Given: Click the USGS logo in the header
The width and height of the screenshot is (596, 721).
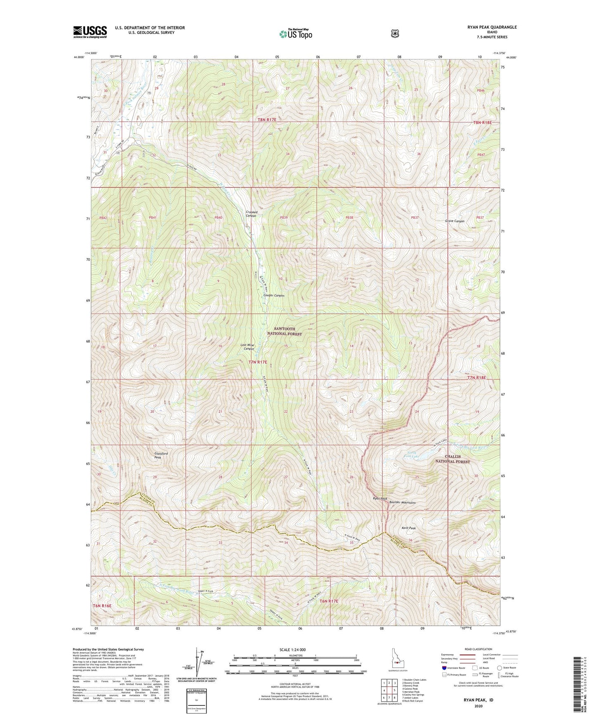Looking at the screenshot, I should pos(90,31).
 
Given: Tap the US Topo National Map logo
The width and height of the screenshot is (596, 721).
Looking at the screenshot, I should pos(295,33).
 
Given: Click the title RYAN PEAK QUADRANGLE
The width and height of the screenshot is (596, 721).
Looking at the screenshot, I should pos(492,27).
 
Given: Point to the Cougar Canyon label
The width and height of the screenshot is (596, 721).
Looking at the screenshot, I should pos(274,296).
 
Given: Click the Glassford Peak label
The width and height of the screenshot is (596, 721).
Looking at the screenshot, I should pos(161,455).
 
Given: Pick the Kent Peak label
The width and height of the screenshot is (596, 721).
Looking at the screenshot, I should pos(409,528).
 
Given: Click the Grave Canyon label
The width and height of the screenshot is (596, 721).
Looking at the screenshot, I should pos(455,221).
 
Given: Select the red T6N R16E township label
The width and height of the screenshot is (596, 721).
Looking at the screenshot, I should pos(102,605).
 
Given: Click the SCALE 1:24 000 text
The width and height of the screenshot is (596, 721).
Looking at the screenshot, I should pos(295,650).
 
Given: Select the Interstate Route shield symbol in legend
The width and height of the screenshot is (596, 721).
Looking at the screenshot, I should pos(444,668).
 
